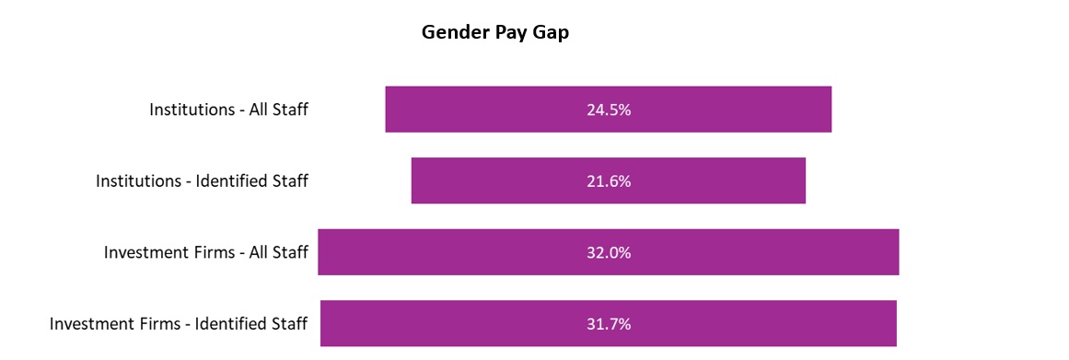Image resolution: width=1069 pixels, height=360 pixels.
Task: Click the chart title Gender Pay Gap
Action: (x=495, y=33)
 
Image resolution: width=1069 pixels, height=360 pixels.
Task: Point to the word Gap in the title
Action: (x=551, y=33)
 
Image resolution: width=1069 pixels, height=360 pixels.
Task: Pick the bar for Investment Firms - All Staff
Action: (x=460, y=252)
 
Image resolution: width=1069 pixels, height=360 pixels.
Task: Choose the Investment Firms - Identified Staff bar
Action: (x=460, y=323)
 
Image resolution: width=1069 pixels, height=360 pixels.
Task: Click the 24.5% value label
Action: (x=608, y=110)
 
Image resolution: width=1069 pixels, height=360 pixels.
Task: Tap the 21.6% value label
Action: (x=608, y=181)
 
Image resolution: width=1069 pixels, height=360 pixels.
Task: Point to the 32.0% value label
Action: (x=608, y=252)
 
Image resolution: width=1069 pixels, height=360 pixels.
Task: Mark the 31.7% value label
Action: (x=608, y=324)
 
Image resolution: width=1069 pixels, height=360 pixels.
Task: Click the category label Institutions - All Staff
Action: (x=228, y=110)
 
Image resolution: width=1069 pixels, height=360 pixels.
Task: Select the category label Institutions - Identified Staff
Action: (x=202, y=181)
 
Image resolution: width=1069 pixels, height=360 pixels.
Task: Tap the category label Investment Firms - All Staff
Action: (x=205, y=252)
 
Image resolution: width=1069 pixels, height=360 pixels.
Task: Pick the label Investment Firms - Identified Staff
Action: (x=179, y=324)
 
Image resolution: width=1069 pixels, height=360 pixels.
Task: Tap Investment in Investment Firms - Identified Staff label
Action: (x=88, y=324)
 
